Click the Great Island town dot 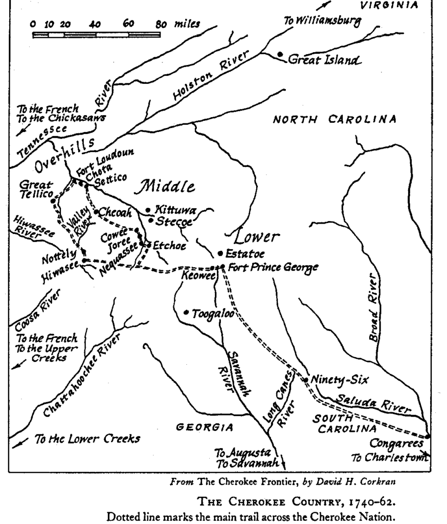[280, 54]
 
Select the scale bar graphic [97, 35]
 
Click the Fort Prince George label [273, 267]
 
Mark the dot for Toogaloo [187, 312]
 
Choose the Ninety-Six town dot [305, 380]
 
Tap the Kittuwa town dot [148, 210]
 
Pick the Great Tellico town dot [53, 201]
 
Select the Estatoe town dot [220, 253]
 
